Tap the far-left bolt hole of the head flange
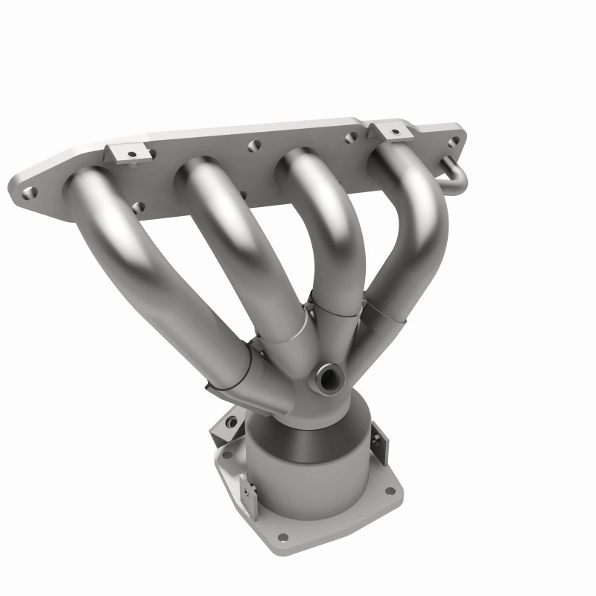tap(29, 192)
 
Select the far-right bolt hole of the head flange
tap(454, 141)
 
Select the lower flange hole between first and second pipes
tap(138, 206)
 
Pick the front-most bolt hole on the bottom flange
tap(282, 536)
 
